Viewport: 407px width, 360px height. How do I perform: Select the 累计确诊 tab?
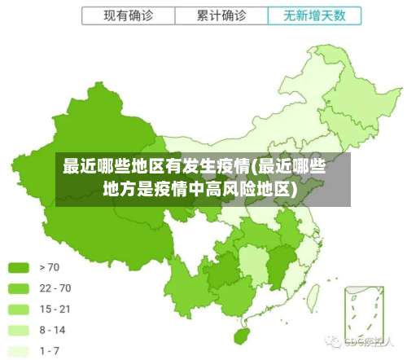pyautogui.click(x=221, y=15)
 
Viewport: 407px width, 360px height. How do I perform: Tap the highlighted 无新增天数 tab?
pyautogui.click(x=313, y=15)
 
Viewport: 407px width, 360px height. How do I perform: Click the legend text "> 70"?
pyautogui.click(x=49, y=266)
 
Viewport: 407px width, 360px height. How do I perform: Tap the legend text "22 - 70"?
pyautogui.click(x=55, y=288)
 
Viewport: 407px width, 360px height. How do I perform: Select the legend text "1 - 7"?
pyautogui.click(x=50, y=350)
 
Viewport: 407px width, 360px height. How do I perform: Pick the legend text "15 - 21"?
pyautogui.click(x=55, y=309)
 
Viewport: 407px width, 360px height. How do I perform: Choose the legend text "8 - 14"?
pyautogui.click(x=54, y=330)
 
